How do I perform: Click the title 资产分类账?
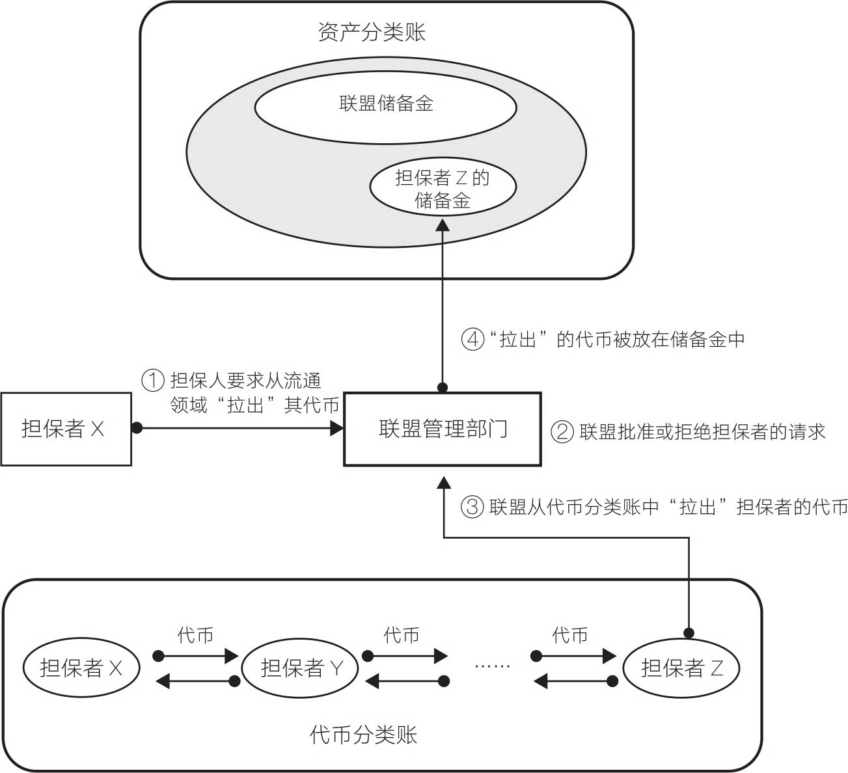(372, 33)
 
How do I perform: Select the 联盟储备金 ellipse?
(385, 104)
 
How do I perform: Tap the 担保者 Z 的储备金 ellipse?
(443, 188)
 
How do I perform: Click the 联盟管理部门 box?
(443, 429)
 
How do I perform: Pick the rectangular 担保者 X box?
(66, 429)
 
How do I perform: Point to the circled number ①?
(153, 379)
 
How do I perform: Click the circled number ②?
(562, 431)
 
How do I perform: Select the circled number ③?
(472, 507)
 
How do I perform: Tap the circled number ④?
(473, 339)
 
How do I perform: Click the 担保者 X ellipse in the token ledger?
(81, 668)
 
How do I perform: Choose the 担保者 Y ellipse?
(300, 668)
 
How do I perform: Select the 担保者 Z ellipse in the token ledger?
(681, 668)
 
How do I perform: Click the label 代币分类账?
(363, 735)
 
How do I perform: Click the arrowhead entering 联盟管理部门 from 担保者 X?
(337, 428)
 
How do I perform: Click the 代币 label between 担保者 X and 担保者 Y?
(195, 635)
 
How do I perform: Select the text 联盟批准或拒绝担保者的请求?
(702, 431)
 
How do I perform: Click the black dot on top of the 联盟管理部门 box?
(443, 388)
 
